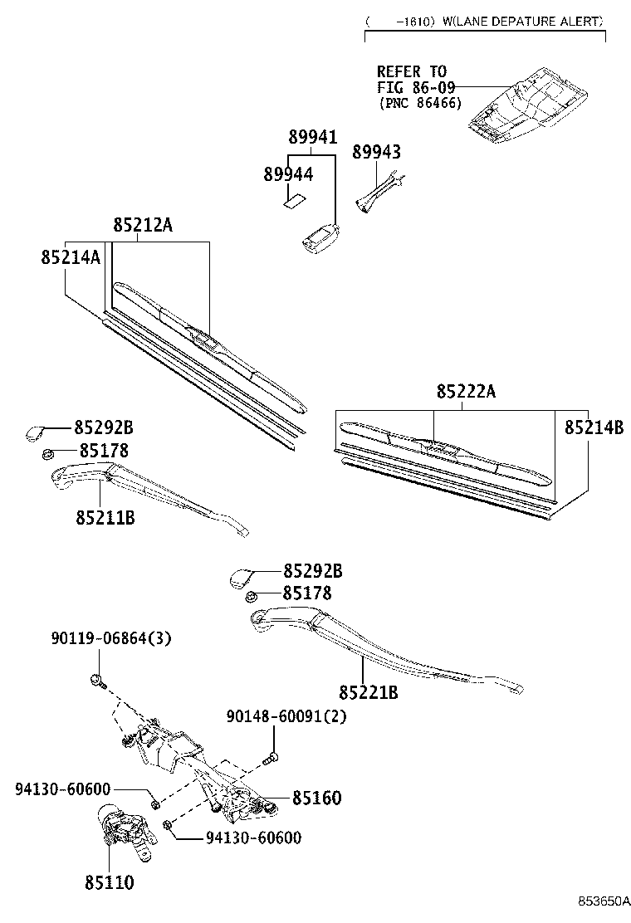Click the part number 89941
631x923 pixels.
312,137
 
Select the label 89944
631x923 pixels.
288,174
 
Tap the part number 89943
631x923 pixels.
377,152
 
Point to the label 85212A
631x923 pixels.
143,224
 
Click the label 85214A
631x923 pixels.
71,257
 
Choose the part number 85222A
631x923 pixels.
466,391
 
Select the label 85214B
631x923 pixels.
594,427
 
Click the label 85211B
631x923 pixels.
105,517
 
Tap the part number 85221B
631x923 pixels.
369,692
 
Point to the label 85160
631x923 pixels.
316,798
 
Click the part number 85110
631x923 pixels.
110,882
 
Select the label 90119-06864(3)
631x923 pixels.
111,638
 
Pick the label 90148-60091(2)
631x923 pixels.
286,716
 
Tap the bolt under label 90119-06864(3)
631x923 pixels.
98,681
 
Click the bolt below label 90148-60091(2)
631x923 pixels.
272,759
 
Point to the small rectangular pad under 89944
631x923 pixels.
292,201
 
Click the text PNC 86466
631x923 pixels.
421,103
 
